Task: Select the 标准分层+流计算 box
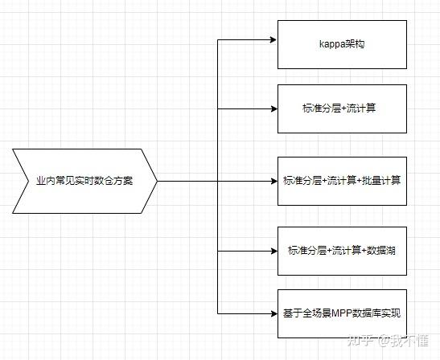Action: (x=342, y=108)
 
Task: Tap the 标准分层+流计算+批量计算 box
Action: (x=342, y=181)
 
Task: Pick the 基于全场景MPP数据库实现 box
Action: (x=342, y=313)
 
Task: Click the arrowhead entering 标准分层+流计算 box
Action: (x=273, y=108)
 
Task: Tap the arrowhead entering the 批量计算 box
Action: (x=273, y=181)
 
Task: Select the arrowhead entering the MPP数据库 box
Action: (x=273, y=313)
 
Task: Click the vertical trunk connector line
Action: (x=219, y=145)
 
